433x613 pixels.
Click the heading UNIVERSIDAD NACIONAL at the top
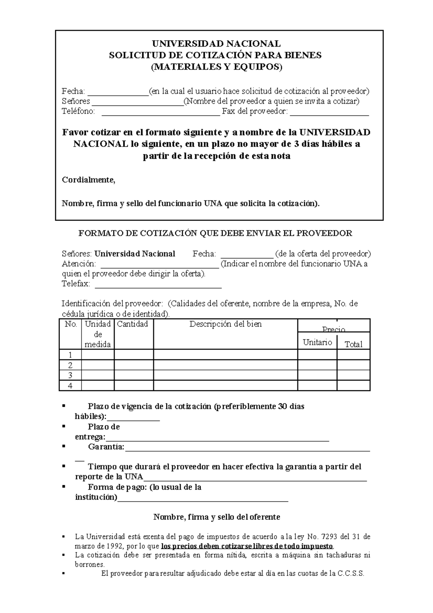coord(216,44)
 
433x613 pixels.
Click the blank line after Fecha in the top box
coord(118,94)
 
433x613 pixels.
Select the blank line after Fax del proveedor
coord(329,114)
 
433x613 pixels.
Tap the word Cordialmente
coord(88,180)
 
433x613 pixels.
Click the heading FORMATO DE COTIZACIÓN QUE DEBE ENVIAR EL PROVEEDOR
coord(215,233)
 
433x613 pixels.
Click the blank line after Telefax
coord(158,287)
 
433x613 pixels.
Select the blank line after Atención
coord(159,268)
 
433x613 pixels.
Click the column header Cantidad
coord(132,324)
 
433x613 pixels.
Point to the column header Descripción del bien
coord(226,324)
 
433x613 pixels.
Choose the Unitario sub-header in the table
coord(317,342)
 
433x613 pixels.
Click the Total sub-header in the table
coord(353,344)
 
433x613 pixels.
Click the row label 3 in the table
coord(70,375)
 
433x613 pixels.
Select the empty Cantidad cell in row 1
coord(134,355)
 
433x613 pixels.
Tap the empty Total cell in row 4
coord(353,386)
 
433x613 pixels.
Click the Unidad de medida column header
coord(97,334)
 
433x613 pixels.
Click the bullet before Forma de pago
coord(64,486)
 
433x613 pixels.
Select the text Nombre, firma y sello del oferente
coord(216,517)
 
